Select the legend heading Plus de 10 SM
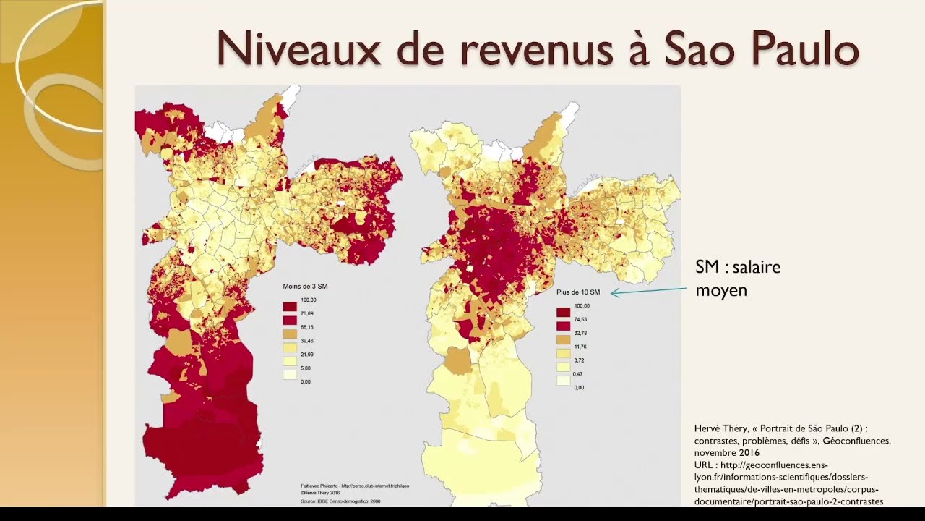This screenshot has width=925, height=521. click(578, 292)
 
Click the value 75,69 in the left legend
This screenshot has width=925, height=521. click(308, 313)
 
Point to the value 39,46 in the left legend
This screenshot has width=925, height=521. click(308, 341)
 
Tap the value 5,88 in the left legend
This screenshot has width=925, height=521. click(306, 368)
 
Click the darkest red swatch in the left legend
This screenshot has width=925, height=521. click(290, 307)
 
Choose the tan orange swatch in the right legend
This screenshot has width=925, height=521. click(563, 339)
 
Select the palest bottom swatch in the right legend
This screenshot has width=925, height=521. click(563, 381)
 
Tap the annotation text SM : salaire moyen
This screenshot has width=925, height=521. click(737, 279)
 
